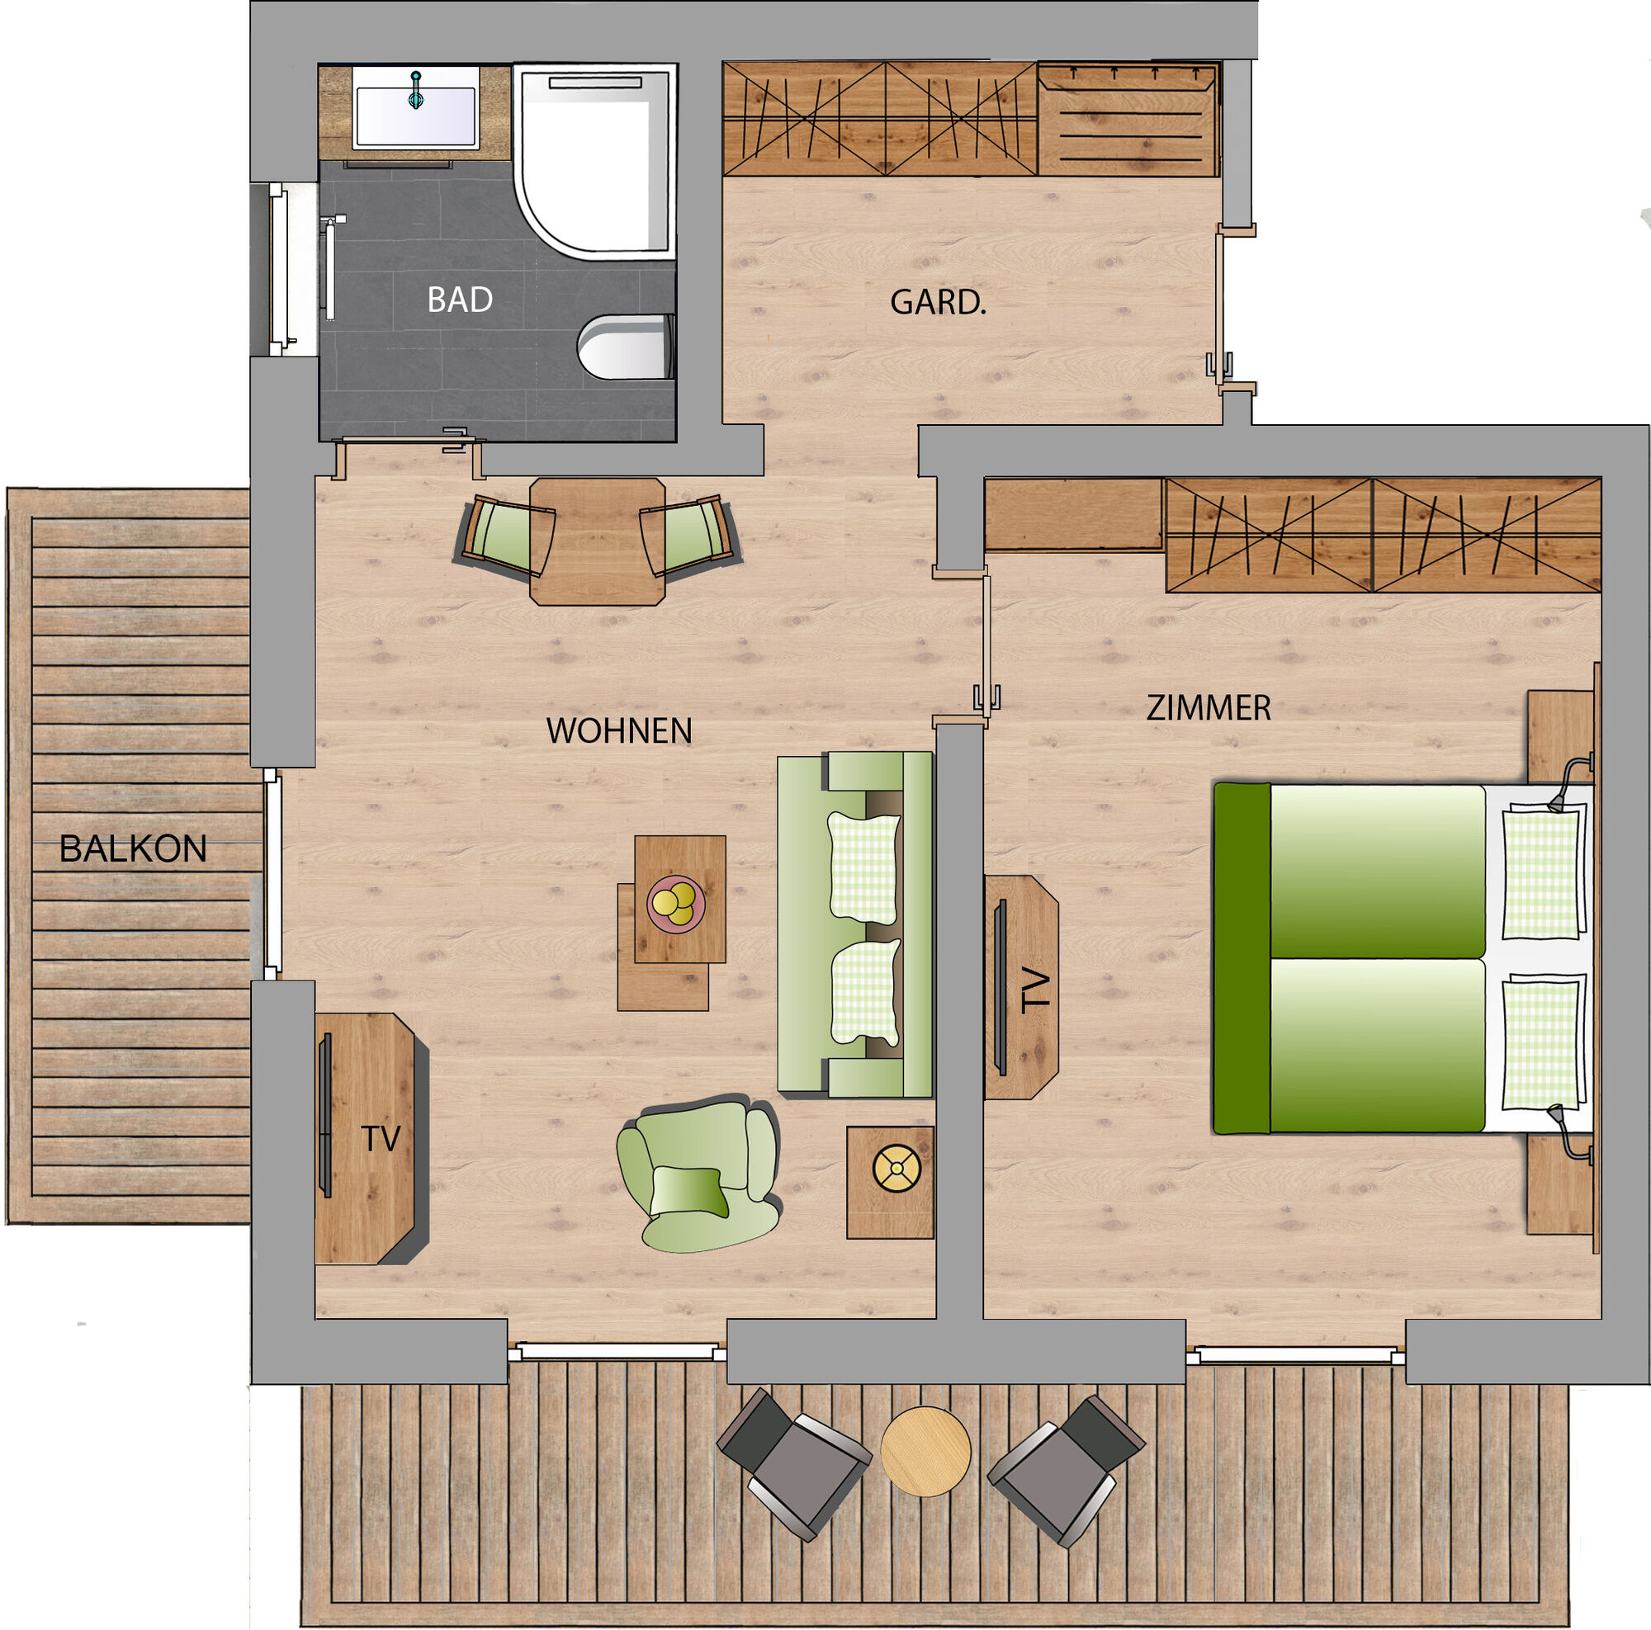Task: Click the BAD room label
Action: pos(460,300)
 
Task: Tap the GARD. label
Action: pos(939,302)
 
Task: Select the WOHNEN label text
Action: pos(618,730)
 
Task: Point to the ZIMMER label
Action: pos(1209,707)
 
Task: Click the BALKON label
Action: pos(133,848)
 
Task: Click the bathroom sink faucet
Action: pos(416,89)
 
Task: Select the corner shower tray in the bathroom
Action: pos(596,162)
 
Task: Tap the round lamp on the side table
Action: pos(897,1169)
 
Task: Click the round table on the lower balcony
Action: pos(925,1451)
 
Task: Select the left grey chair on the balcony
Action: pos(792,1463)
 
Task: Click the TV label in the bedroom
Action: pos(1037,990)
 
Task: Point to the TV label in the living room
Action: pos(381,1139)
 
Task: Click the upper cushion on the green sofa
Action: pos(864,869)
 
